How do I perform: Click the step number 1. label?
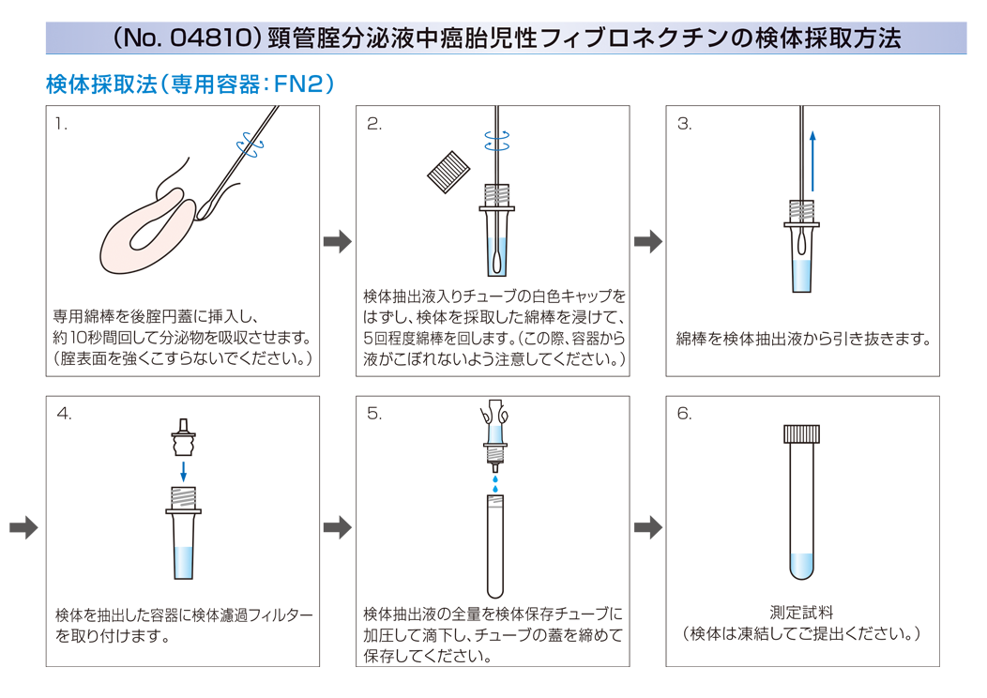[60, 124]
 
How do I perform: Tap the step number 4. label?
[64, 414]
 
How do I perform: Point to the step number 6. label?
[684, 414]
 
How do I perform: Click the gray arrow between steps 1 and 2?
[338, 241]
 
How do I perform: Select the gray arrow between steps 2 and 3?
[648, 241]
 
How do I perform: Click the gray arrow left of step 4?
[23, 527]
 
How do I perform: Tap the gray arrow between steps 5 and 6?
[648, 527]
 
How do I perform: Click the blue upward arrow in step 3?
[812, 160]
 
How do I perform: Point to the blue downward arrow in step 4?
[183, 471]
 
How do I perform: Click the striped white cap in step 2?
[448, 172]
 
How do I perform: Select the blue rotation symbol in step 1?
[251, 145]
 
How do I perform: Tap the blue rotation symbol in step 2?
[497, 141]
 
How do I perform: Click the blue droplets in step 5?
[495, 483]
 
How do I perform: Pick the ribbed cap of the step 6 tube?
[801, 433]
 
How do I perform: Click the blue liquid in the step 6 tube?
[801, 566]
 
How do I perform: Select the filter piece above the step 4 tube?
[183, 437]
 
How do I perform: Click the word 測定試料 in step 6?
[801, 613]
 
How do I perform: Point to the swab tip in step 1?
[205, 207]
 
